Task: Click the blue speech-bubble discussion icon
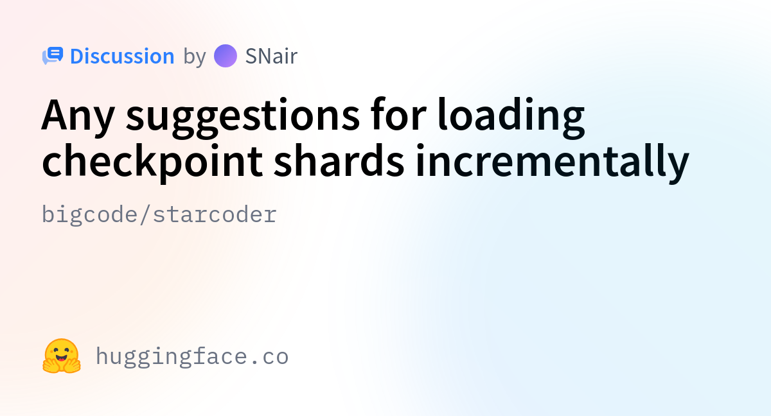53,56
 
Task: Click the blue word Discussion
122,56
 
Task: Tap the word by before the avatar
195,57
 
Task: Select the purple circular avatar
226,56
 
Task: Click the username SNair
271,56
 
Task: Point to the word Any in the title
78,117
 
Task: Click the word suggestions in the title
243,117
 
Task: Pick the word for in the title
398,114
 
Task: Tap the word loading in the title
511,117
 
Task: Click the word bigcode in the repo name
89,215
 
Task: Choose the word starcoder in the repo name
215,214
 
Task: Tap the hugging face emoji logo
62,356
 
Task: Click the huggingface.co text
192,357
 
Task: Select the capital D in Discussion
78,56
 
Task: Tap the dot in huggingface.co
254,362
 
